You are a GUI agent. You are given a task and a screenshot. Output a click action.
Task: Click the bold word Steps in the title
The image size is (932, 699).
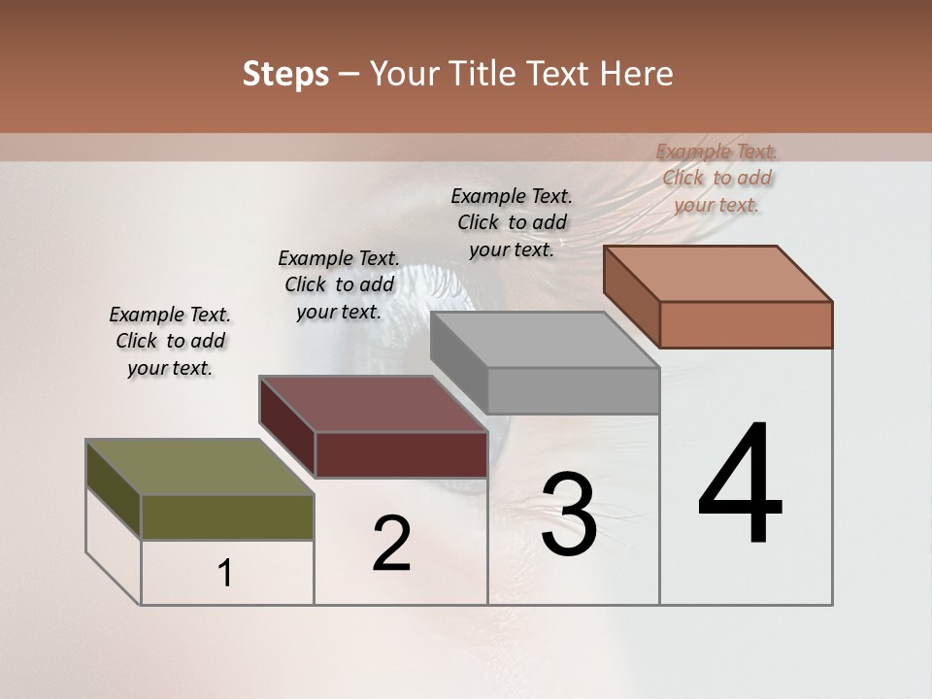pos(285,75)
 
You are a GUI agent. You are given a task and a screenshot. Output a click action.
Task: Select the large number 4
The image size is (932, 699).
pos(740,484)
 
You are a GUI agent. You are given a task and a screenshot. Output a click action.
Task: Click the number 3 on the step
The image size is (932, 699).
pos(568,515)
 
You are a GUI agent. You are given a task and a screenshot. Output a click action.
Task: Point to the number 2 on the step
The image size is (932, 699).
pos(391,544)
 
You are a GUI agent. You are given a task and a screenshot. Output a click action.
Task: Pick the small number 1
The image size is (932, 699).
pos(225,574)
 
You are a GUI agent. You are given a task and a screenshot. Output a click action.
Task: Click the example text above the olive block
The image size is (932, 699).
pos(170,341)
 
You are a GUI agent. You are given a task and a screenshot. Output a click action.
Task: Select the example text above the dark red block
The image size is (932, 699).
pos(339,284)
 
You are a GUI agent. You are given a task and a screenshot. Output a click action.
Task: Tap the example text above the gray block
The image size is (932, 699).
pos(512,222)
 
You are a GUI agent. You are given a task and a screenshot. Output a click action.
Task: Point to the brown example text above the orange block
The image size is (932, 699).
pos(716,178)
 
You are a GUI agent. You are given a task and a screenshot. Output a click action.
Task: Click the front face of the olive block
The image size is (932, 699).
pos(227,517)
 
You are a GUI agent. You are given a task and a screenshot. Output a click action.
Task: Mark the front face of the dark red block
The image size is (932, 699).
pos(401,454)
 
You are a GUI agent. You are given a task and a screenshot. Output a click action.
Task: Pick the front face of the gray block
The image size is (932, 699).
pos(573,391)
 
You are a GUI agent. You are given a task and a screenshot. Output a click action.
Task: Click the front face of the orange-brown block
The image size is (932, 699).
pos(746,324)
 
